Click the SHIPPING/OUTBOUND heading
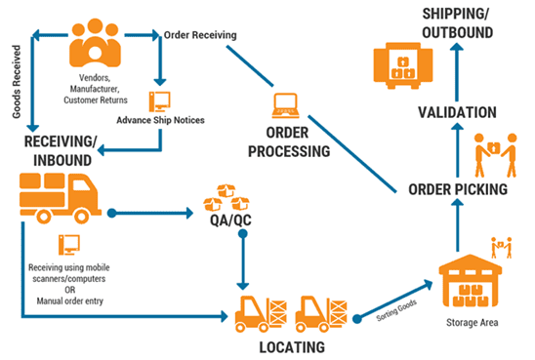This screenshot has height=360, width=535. pyautogui.click(x=456, y=24)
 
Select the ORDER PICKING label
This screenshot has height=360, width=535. pyautogui.click(x=457, y=189)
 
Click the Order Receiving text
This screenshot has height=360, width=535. pyautogui.click(x=201, y=36)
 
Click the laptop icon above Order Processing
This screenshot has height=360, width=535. pyautogui.click(x=284, y=101)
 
